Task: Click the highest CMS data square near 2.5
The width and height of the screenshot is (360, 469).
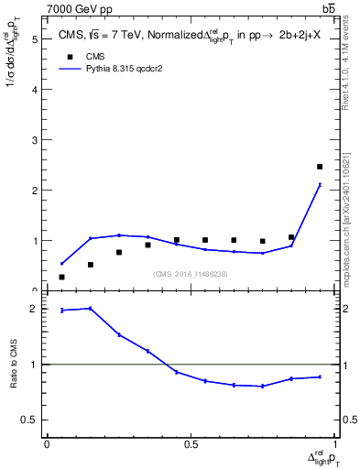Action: pos(320,167)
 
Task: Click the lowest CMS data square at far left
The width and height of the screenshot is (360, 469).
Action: pos(61,277)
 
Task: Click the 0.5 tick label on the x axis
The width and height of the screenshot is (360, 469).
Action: pos(191,444)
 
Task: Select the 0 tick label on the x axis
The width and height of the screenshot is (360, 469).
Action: pos(47,444)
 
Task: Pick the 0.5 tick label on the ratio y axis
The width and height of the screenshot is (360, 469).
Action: pos(29,420)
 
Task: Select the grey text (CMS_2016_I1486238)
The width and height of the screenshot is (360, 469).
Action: pos(191,273)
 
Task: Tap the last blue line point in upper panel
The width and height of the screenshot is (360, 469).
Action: pos(320,184)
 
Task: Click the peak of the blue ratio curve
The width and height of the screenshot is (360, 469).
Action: pos(91,308)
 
